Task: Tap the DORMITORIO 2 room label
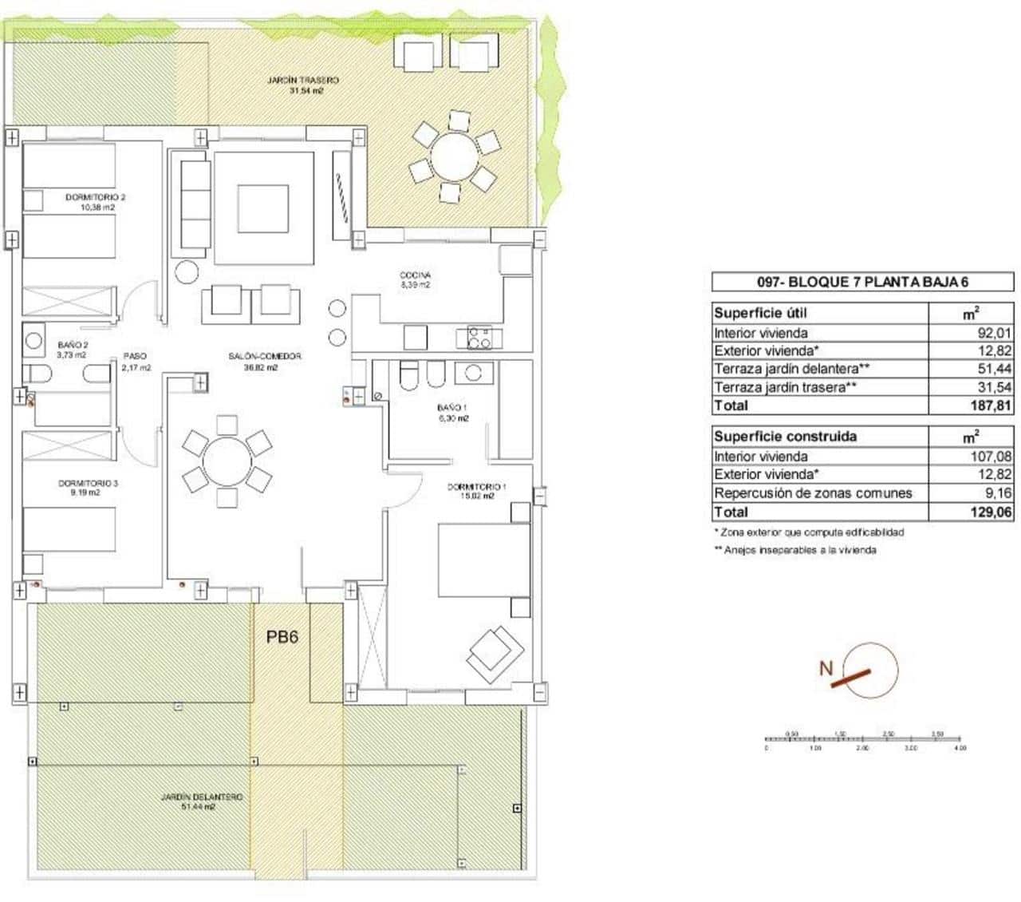click(x=96, y=201)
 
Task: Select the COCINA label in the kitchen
click(x=415, y=279)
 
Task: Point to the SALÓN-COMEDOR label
click(x=265, y=362)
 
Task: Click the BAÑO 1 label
click(x=451, y=412)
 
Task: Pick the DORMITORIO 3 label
click(x=89, y=488)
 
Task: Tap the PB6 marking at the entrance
click(x=282, y=638)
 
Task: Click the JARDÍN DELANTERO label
click(x=201, y=801)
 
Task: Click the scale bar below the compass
click(x=865, y=740)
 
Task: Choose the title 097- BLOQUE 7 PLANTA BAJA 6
click(x=861, y=281)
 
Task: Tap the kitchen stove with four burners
click(x=479, y=338)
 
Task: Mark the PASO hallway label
click(x=135, y=362)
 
